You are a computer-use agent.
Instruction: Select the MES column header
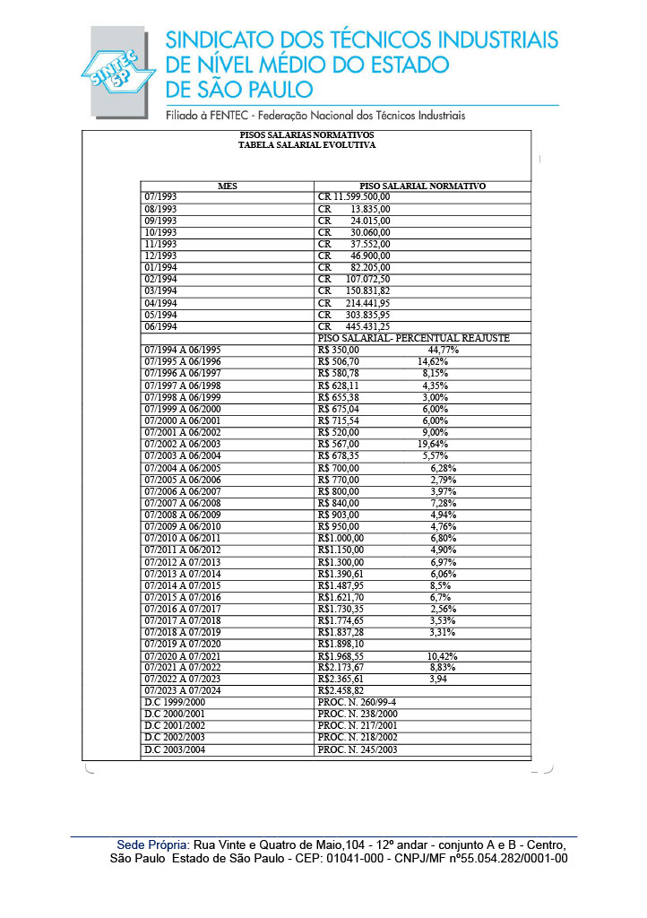[x=228, y=186]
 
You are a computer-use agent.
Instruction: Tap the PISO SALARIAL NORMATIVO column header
[x=422, y=186]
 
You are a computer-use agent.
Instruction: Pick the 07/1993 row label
[x=160, y=196]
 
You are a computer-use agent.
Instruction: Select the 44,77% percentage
[x=444, y=350]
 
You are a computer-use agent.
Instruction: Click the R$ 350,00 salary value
[x=339, y=350]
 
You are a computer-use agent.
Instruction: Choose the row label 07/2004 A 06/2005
[x=183, y=468]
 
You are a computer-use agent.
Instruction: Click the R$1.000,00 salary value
[x=341, y=538]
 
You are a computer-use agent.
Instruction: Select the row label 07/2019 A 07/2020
[x=183, y=644]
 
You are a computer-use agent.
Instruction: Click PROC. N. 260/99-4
[x=358, y=703]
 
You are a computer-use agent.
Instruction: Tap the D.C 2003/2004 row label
[x=175, y=749]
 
